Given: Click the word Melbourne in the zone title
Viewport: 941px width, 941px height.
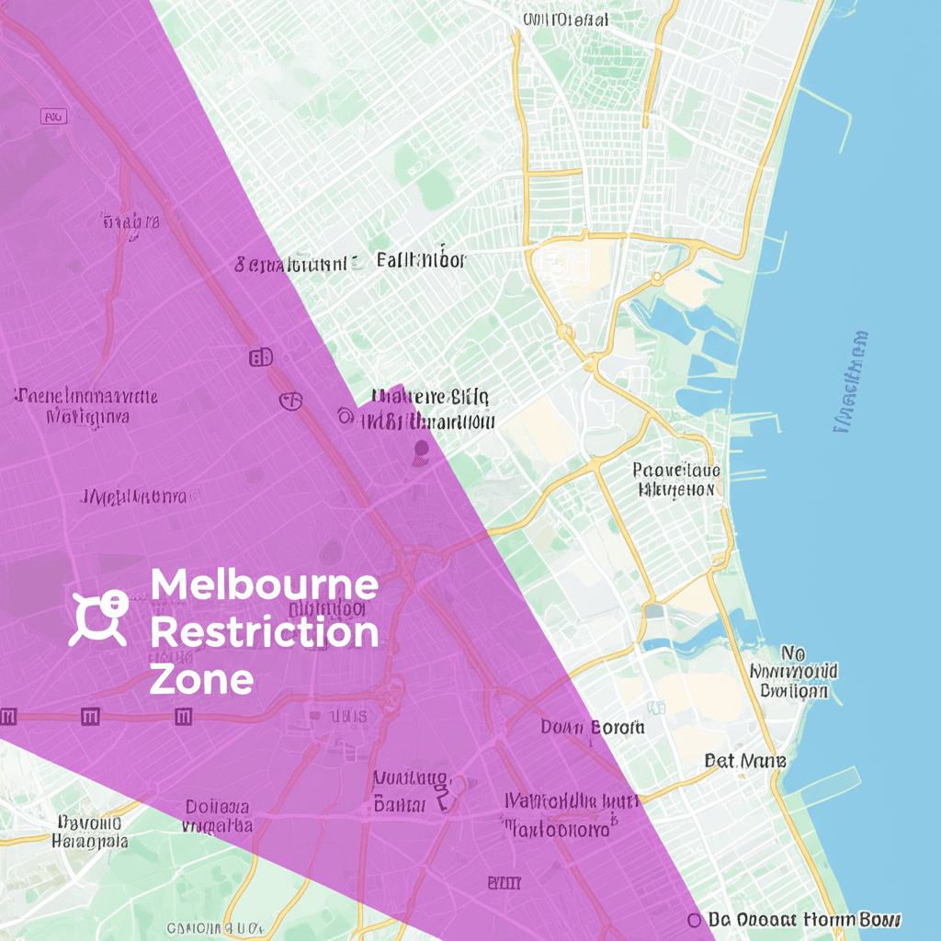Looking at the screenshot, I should tap(264, 585).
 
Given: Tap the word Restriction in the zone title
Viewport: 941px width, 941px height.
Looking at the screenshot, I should tap(264, 633).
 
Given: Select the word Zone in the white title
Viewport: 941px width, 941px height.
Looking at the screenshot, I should tap(201, 680).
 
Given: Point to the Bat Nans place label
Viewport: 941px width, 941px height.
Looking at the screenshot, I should tap(745, 761).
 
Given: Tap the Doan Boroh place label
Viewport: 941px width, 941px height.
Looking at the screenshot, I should tap(592, 727).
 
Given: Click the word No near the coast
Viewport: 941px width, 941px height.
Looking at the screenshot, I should tap(792, 653).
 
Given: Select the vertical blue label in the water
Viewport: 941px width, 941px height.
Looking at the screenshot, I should tap(850, 381).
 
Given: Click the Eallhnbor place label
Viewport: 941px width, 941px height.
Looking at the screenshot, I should tap(421, 260).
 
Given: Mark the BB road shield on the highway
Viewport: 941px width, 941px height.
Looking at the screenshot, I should tap(261, 357).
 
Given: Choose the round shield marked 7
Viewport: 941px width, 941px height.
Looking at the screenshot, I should tap(290, 400).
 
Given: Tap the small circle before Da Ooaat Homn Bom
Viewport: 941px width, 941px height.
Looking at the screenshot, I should tap(694, 919).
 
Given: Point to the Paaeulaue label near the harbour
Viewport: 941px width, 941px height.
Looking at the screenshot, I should tap(676, 470).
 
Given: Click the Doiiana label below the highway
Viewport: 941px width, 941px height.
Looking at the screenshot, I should tap(218, 807).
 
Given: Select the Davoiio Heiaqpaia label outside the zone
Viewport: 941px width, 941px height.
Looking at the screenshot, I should tap(89, 832).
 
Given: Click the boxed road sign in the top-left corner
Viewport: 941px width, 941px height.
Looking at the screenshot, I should tap(54, 117).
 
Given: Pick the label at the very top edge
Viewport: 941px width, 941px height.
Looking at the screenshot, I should tap(565, 18).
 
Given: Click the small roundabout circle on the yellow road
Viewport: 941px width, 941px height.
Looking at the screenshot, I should tap(656, 277).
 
